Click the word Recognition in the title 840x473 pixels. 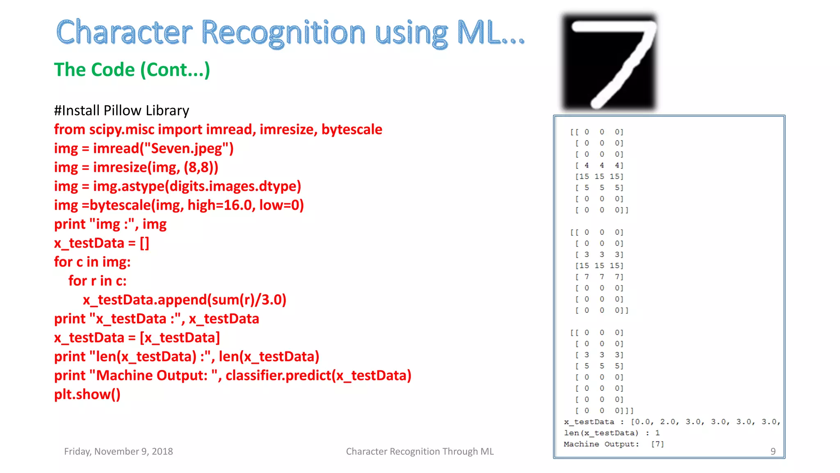(x=283, y=33)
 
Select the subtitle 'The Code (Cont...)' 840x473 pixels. (x=132, y=70)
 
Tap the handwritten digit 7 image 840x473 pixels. (x=609, y=62)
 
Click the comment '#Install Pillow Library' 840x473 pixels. (x=121, y=110)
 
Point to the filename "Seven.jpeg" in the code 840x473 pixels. (x=186, y=149)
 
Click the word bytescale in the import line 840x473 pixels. (x=352, y=130)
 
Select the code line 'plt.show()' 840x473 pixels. (x=87, y=395)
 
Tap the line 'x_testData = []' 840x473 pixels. (x=101, y=243)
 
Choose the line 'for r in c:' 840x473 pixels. (x=97, y=281)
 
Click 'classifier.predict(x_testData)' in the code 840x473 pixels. (x=318, y=376)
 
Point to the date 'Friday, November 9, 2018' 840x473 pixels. (x=118, y=452)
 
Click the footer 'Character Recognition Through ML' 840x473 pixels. (x=420, y=452)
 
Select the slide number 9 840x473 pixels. (x=773, y=452)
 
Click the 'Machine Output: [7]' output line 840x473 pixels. (x=613, y=444)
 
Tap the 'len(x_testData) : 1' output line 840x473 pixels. (x=611, y=433)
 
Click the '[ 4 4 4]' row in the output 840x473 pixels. (x=599, y=165)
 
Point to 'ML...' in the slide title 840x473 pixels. (x=490, y=33)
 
